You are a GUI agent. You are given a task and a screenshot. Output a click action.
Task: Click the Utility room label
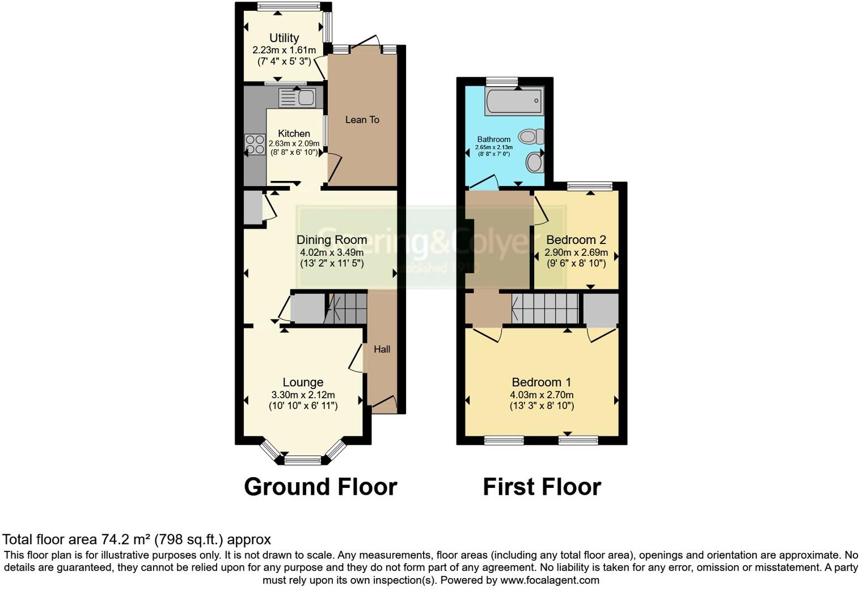coord(284,38)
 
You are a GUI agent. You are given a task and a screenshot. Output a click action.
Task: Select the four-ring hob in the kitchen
coord(255,144)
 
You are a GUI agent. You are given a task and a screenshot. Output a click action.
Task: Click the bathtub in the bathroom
coord(514,101)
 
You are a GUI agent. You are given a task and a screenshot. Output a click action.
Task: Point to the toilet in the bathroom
coord(531,136)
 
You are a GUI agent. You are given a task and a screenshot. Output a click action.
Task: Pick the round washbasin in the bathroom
coord(534,163)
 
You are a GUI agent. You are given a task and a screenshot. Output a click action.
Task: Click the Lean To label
coord(362,120)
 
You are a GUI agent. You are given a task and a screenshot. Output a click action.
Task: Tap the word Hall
coord(382,349)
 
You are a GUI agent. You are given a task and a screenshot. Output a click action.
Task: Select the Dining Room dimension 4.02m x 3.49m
coord(332,252)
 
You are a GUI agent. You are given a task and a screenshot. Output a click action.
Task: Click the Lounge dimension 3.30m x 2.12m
coord(303,395)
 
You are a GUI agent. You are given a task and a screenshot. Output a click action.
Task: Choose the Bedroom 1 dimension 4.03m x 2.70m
coord(542,395)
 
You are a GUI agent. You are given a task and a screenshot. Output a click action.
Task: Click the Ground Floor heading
coord(320,487)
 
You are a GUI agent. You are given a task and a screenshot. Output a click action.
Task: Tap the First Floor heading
coord(542,487)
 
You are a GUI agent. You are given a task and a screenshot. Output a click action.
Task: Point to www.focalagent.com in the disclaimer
coord(550,580)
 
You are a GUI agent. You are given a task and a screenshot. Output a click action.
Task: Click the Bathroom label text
coord(493,140)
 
